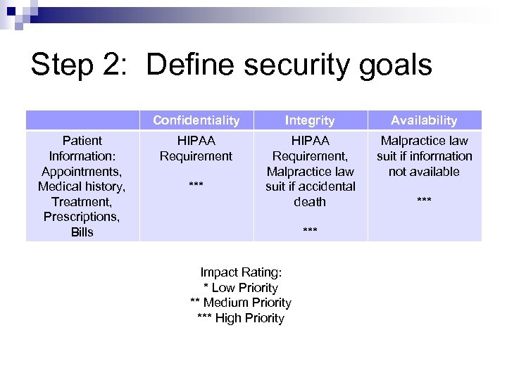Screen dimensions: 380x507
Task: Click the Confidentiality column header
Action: click(196, 120)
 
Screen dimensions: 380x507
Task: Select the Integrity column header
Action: click(310, 120)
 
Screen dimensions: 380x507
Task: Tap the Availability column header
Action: click(424, 120)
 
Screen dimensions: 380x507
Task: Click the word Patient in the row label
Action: click(82, 141)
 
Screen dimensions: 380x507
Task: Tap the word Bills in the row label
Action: click(82, 232)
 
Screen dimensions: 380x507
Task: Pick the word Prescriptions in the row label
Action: click(82, 217)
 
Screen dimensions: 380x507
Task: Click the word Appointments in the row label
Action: click(82, 171)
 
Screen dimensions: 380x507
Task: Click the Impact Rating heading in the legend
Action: click(241, 272)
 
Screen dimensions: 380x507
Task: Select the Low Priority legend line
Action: click(241, 288)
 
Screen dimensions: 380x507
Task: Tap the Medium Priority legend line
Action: click(241, 303)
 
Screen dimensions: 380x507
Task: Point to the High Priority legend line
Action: click(241, 318)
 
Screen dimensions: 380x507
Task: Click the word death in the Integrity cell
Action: click(310, 202)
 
